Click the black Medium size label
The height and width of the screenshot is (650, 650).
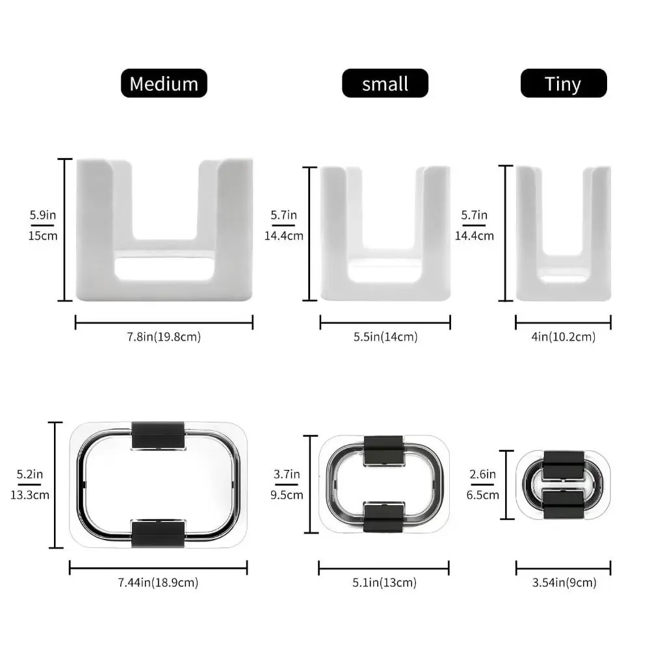[164, 83]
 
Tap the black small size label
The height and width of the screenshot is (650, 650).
[385, 83]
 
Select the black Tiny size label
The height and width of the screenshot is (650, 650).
[564, 83]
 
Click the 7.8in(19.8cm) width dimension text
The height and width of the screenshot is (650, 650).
[164, 337]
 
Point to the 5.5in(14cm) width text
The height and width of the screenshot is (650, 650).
[385, 337]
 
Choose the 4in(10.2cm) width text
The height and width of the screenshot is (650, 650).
[564, 337]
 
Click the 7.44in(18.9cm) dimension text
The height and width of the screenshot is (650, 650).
[159, 582]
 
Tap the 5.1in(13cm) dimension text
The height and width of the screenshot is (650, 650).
[384, 582]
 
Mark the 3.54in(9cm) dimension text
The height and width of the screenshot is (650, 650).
[564, 582]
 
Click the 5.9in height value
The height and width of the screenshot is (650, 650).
[43, 215]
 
